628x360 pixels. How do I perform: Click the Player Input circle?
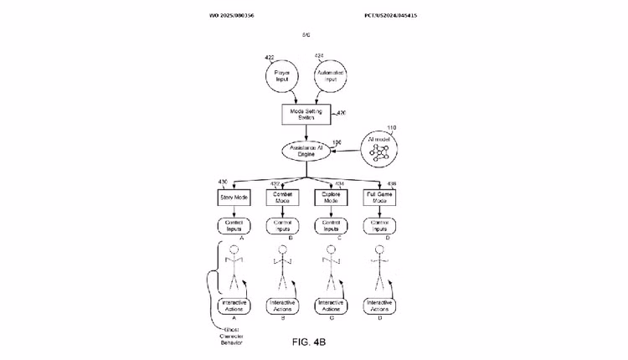[282, 76]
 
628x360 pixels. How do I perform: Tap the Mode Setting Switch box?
[306, 113]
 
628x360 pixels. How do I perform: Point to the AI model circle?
[380, 151]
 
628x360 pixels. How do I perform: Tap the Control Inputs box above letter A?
[234, 225]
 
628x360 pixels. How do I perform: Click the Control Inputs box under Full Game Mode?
[379, 225]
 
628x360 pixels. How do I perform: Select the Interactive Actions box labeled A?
[234, 305]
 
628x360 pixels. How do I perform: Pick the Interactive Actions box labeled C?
[331, 305]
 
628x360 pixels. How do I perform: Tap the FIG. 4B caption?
[308, 342]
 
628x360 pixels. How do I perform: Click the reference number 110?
[391, 127]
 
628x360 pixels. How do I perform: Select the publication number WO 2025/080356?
[232, 15]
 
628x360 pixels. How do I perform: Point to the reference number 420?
[341, 112]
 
